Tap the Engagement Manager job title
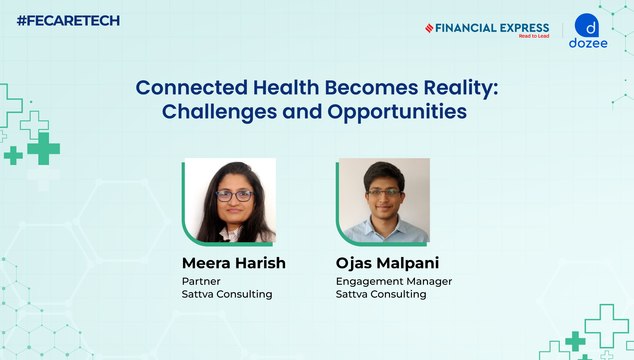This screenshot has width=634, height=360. pyautogui.click(x=394, y=282)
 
